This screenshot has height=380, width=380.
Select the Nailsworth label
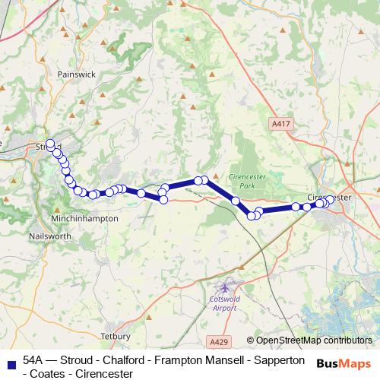(51, 236)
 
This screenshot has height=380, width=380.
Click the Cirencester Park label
(244, 180)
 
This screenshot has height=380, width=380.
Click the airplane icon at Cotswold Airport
(224, 287)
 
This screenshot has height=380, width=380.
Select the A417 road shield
(280, 123)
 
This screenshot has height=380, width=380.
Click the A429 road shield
(218, 343)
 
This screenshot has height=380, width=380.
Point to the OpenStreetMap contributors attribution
(313, 340)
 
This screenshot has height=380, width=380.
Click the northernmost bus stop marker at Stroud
(50, 142)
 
